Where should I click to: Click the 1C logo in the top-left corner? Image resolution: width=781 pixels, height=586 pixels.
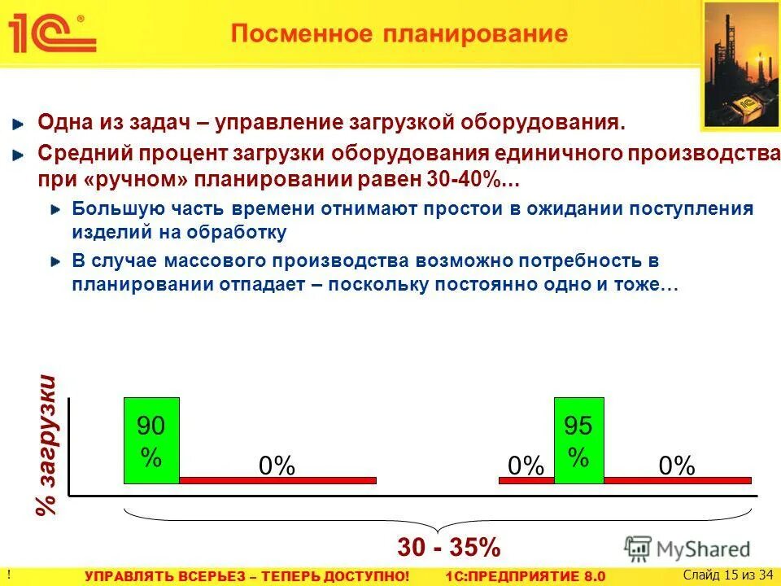click(x=50, y=34)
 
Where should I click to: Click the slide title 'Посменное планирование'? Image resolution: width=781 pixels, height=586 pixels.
click(x=398, y=34)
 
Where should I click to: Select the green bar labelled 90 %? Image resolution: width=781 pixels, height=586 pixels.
click(x=151, y=440)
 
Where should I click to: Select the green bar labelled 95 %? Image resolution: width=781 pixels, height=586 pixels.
click(x=578, y=440)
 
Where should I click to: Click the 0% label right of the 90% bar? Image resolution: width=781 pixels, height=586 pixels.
click(x=277, y=466)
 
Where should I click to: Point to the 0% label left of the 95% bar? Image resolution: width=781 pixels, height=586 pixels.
click(x=525, y=466)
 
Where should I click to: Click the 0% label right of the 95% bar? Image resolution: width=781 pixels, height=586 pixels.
click(x=677, y=466)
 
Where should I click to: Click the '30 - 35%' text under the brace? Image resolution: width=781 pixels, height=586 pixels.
click(x=448, y=547)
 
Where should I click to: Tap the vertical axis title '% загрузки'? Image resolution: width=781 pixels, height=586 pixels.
click(x=48, y=444)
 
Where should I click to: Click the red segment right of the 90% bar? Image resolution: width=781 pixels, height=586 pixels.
click(x=277, y=480)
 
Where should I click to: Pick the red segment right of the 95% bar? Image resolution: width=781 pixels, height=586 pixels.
click(x=678, y=480)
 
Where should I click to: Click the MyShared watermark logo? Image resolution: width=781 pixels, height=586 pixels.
click(x=687, y=548)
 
